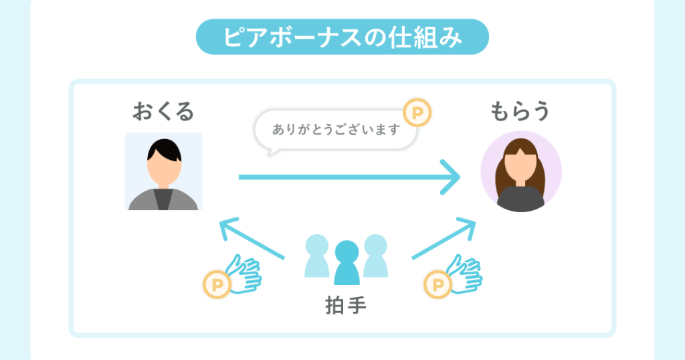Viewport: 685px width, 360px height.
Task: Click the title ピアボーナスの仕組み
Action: pos(342,37)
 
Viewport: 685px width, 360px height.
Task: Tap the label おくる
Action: pos(163,111)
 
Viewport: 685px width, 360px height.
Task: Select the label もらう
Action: pos(519,111)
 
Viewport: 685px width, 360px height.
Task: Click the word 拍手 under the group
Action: pos(346,305)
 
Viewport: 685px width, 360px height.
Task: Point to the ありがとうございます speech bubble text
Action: pos(336,129)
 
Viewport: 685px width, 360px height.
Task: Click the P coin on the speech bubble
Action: pos(417,112)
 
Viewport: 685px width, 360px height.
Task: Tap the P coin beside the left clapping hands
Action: pos(217,284)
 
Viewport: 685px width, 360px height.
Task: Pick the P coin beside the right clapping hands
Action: pos(437,284)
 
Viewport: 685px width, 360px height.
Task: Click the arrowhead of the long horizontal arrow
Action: pos(451,177)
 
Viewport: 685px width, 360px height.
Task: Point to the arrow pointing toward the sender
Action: pos(252,238)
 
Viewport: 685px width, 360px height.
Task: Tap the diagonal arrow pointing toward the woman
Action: pos(444,238)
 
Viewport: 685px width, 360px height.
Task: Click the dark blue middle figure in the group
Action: pos(347,262)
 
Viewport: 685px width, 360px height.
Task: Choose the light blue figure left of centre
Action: pos(316,256)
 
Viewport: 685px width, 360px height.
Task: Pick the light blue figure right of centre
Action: pos(376,256)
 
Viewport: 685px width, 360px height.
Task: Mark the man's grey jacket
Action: pos(163,199)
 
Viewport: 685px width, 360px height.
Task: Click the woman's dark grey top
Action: pos(520,199)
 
